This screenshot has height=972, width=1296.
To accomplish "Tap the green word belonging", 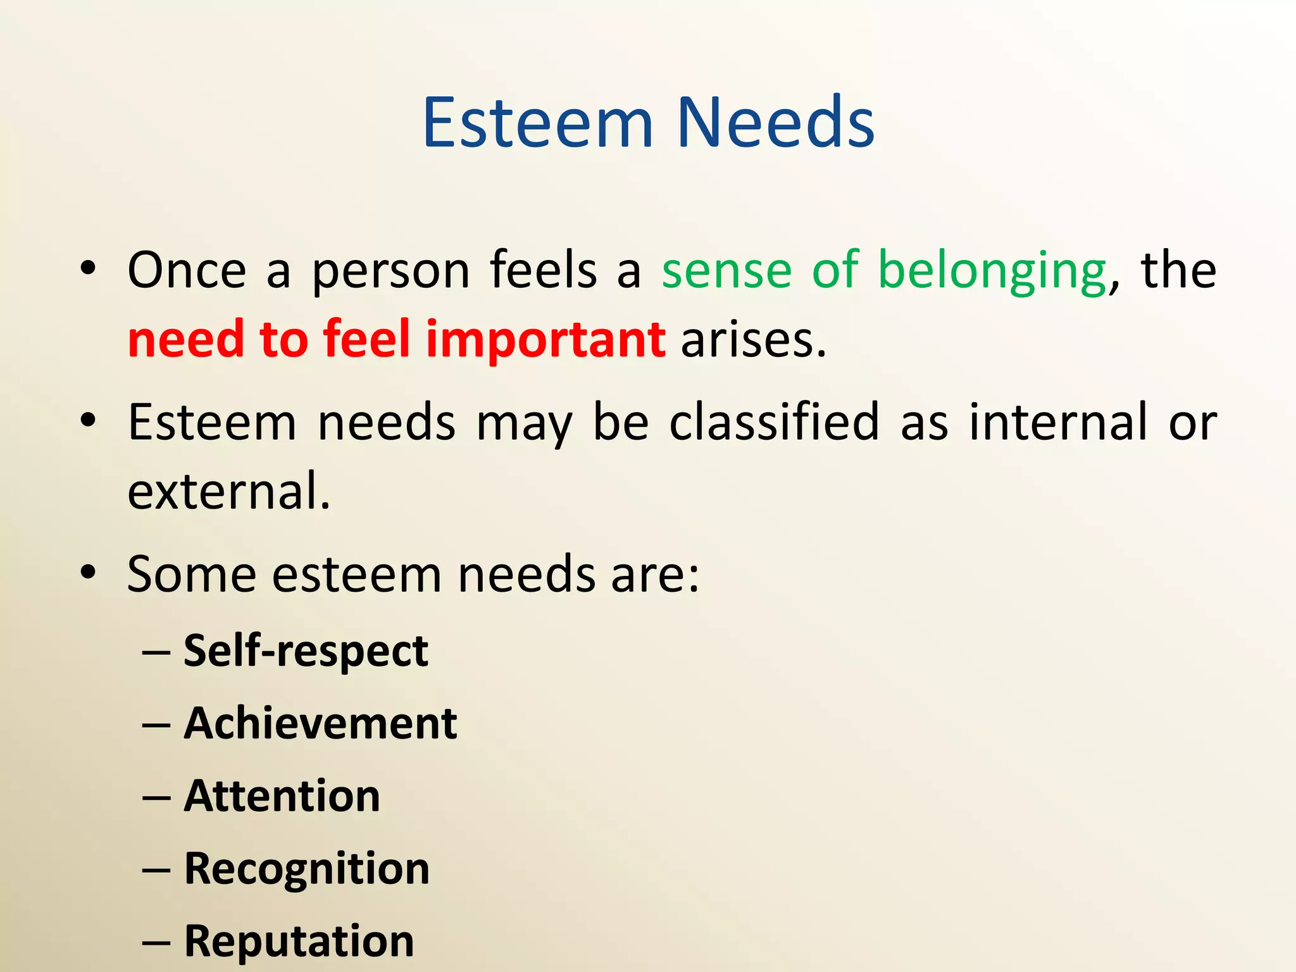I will (992, 271).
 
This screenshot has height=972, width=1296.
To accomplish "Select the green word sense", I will (726, 271).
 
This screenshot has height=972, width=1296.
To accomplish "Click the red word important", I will (545, 340).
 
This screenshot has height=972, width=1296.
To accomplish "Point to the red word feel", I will (367, 340).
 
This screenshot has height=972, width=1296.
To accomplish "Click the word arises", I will (753, 340).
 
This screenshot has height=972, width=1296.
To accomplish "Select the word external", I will (228, 491).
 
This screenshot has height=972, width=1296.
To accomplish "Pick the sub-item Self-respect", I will (306, 651).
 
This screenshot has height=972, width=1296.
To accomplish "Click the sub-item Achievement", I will (320, 723).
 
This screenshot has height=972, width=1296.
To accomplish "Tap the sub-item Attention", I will (282, 795).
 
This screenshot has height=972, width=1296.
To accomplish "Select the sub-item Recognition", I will (306, 868).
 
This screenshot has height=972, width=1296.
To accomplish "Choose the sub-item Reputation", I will (299, 940).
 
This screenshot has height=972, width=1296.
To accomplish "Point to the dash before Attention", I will (156, 797).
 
